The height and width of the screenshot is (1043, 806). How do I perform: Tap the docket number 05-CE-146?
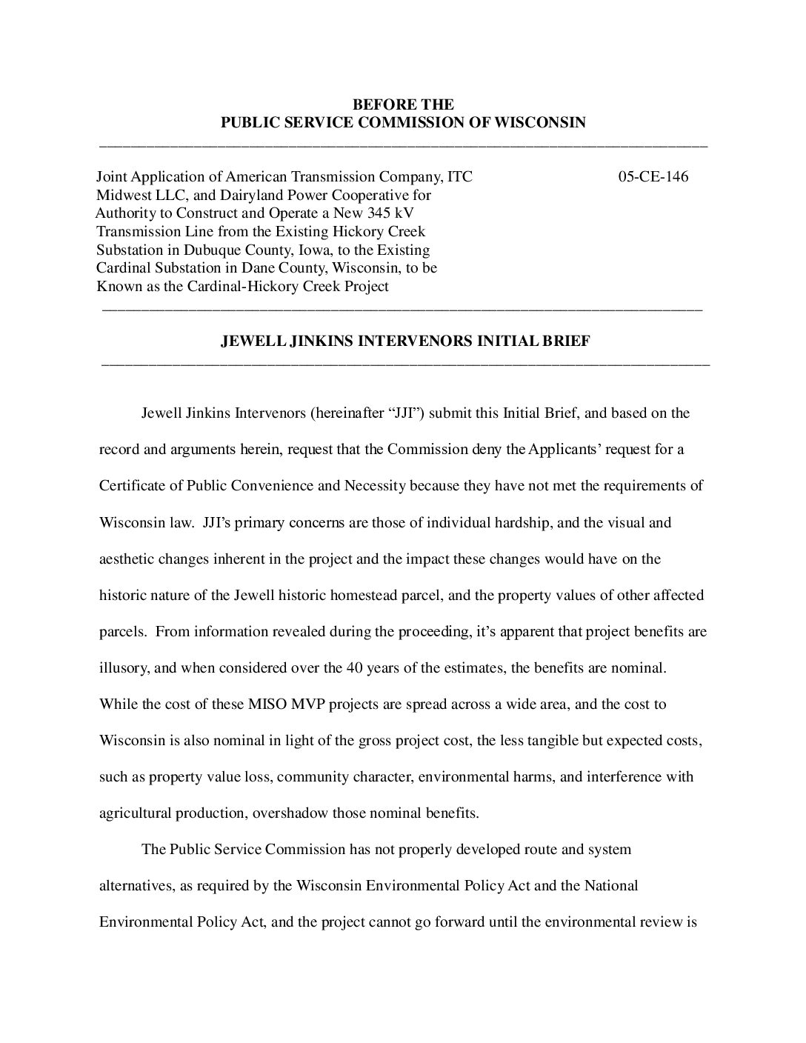pos(653,177)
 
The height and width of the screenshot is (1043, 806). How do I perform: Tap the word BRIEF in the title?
pos(567,341)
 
